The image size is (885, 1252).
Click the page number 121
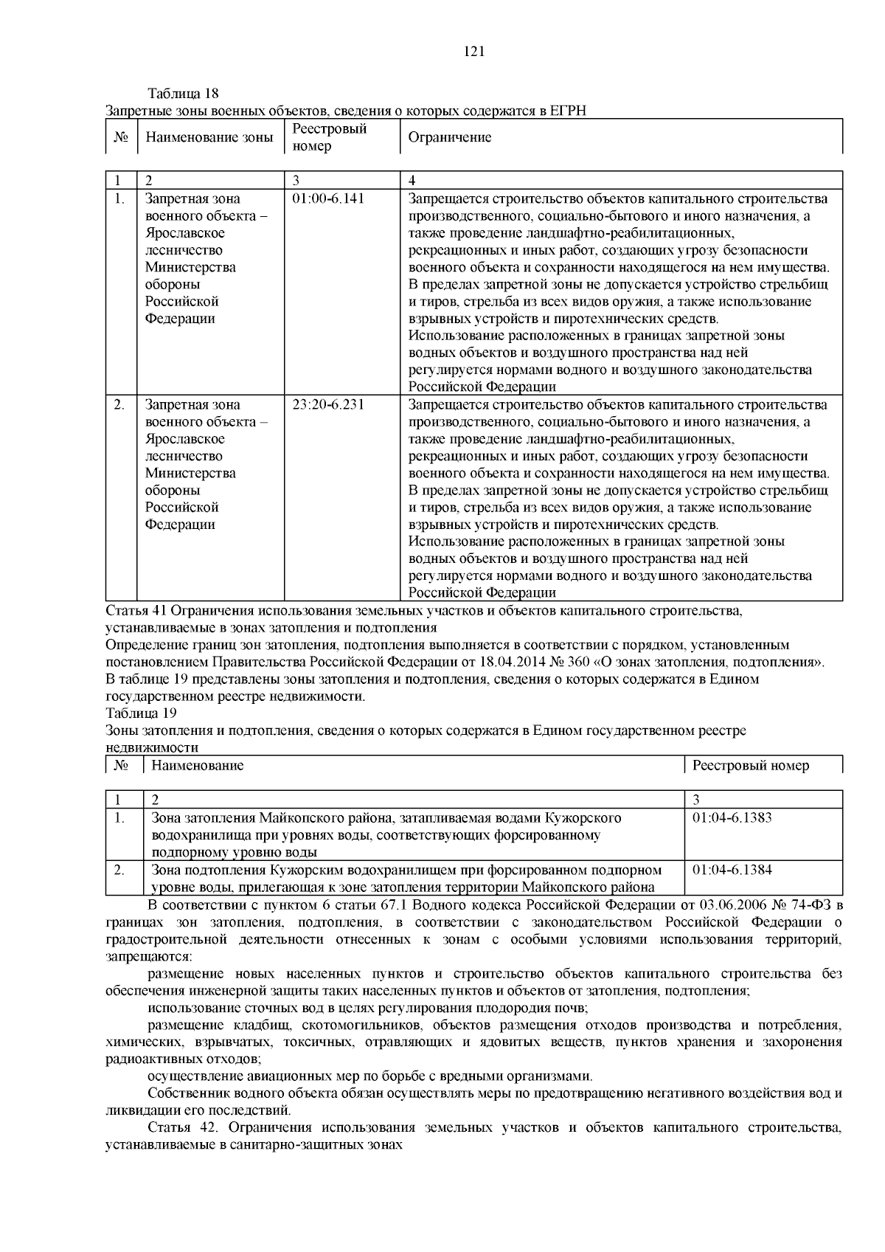tap(473, 51)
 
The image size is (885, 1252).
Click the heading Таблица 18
tap(184, 94)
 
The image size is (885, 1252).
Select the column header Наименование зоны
tap(209, 137)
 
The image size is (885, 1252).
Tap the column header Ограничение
tap(450, 137)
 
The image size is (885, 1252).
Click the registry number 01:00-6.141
tap(328, 198)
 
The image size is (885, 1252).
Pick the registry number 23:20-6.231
tap(328, 404)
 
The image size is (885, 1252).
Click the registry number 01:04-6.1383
tap(732, 817)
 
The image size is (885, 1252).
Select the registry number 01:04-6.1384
tap(732, 869)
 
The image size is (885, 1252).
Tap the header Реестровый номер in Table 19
tap(751, 765)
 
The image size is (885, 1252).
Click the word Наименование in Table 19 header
tap(198, 765)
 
